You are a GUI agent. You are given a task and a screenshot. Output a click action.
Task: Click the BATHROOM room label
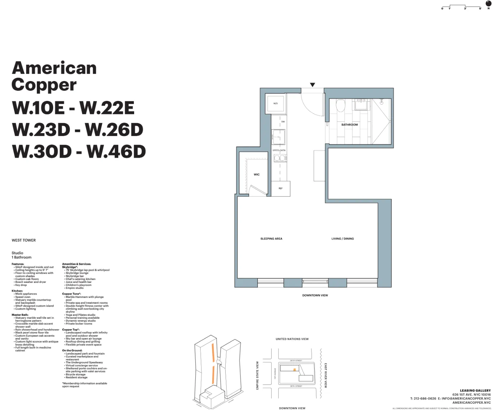point(349,125)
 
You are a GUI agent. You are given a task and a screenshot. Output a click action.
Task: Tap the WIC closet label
point(256,174)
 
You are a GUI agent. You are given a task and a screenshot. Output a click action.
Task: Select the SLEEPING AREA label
point(271,239)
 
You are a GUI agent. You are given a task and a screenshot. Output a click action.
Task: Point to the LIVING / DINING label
point(342,239)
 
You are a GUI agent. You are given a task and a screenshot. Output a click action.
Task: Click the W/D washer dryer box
point(276,104)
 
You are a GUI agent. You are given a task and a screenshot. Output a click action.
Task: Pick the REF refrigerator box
point(281,188)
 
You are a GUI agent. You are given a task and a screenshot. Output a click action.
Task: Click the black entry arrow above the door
point(312,85)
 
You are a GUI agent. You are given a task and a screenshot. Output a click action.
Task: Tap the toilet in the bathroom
point(340,106)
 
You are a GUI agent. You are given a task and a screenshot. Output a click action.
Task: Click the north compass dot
point(488,4)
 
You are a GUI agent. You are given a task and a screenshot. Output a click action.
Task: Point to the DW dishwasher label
point(283,122)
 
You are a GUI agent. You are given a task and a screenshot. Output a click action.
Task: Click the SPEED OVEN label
point(279,150)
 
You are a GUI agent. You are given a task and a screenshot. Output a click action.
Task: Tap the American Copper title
point(54,76)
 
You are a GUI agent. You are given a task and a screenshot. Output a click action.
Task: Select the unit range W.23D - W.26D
point(78,130)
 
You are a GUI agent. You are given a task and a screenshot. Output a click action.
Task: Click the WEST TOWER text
point(24,240)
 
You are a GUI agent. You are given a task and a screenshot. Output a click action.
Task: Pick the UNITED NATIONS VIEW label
point(292,339)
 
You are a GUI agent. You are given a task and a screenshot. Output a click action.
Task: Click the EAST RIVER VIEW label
point(325,375)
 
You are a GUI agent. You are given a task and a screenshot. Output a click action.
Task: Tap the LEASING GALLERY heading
point(475,391)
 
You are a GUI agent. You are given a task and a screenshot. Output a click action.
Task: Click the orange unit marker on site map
point(295,370)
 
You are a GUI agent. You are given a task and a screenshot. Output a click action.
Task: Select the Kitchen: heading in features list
point(17,291)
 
